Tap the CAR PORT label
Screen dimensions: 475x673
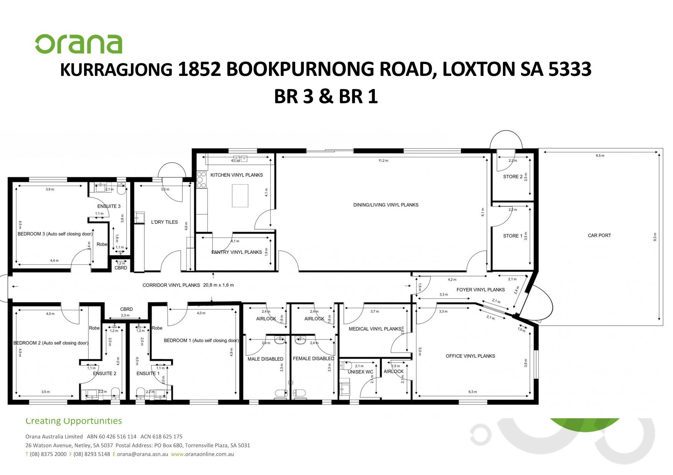[599, 235]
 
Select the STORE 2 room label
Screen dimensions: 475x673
[513, 177]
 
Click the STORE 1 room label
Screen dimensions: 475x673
[513, 236]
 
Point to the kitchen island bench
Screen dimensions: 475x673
[240, 196]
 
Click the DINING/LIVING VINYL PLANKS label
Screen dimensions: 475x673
[386, 205]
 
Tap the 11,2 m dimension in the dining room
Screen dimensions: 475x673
[383, 161]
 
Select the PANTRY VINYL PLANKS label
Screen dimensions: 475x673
[237, 252]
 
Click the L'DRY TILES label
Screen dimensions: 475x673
[164, 222]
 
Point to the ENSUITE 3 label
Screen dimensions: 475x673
[109, 206]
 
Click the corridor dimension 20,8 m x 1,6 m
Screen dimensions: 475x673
[218, 285]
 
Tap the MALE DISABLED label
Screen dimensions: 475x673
[265, 359]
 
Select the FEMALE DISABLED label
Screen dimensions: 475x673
[313, 358]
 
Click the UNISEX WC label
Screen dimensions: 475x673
[360, 372]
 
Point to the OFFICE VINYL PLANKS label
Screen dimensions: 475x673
[470, 356]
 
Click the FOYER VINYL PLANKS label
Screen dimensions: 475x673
[480, 289]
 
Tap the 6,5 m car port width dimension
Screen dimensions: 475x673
[600, 156]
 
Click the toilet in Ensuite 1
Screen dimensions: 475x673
[140, 393]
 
